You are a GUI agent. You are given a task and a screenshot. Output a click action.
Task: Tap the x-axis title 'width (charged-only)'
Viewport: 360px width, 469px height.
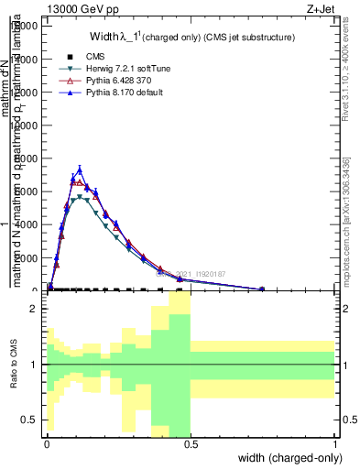point(288,458)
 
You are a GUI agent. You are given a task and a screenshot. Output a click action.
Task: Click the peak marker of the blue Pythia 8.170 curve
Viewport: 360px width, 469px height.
point(80,169)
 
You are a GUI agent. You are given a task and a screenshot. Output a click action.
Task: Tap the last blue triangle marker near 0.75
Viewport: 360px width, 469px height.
point(262,289)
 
